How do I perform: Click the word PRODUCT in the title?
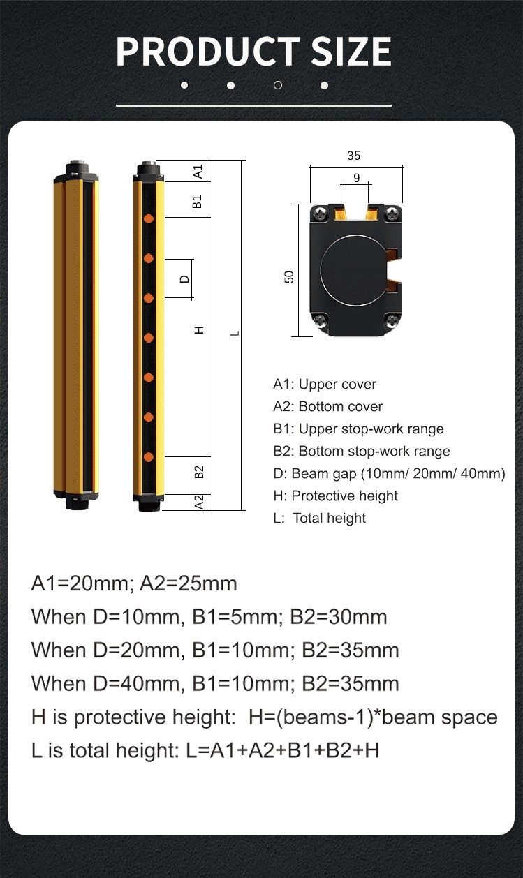(208, 52)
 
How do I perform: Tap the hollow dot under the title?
(278, 85)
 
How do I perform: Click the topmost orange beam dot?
(149, 218)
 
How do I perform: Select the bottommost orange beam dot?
(149, 457)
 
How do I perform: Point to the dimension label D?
(184, 279)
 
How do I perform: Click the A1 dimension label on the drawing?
(198, 171)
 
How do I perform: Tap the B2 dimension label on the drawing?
(199, 472)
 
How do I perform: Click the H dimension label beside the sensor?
(200, 330)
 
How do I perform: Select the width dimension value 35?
(353, 156)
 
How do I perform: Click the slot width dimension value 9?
(356, 178)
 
